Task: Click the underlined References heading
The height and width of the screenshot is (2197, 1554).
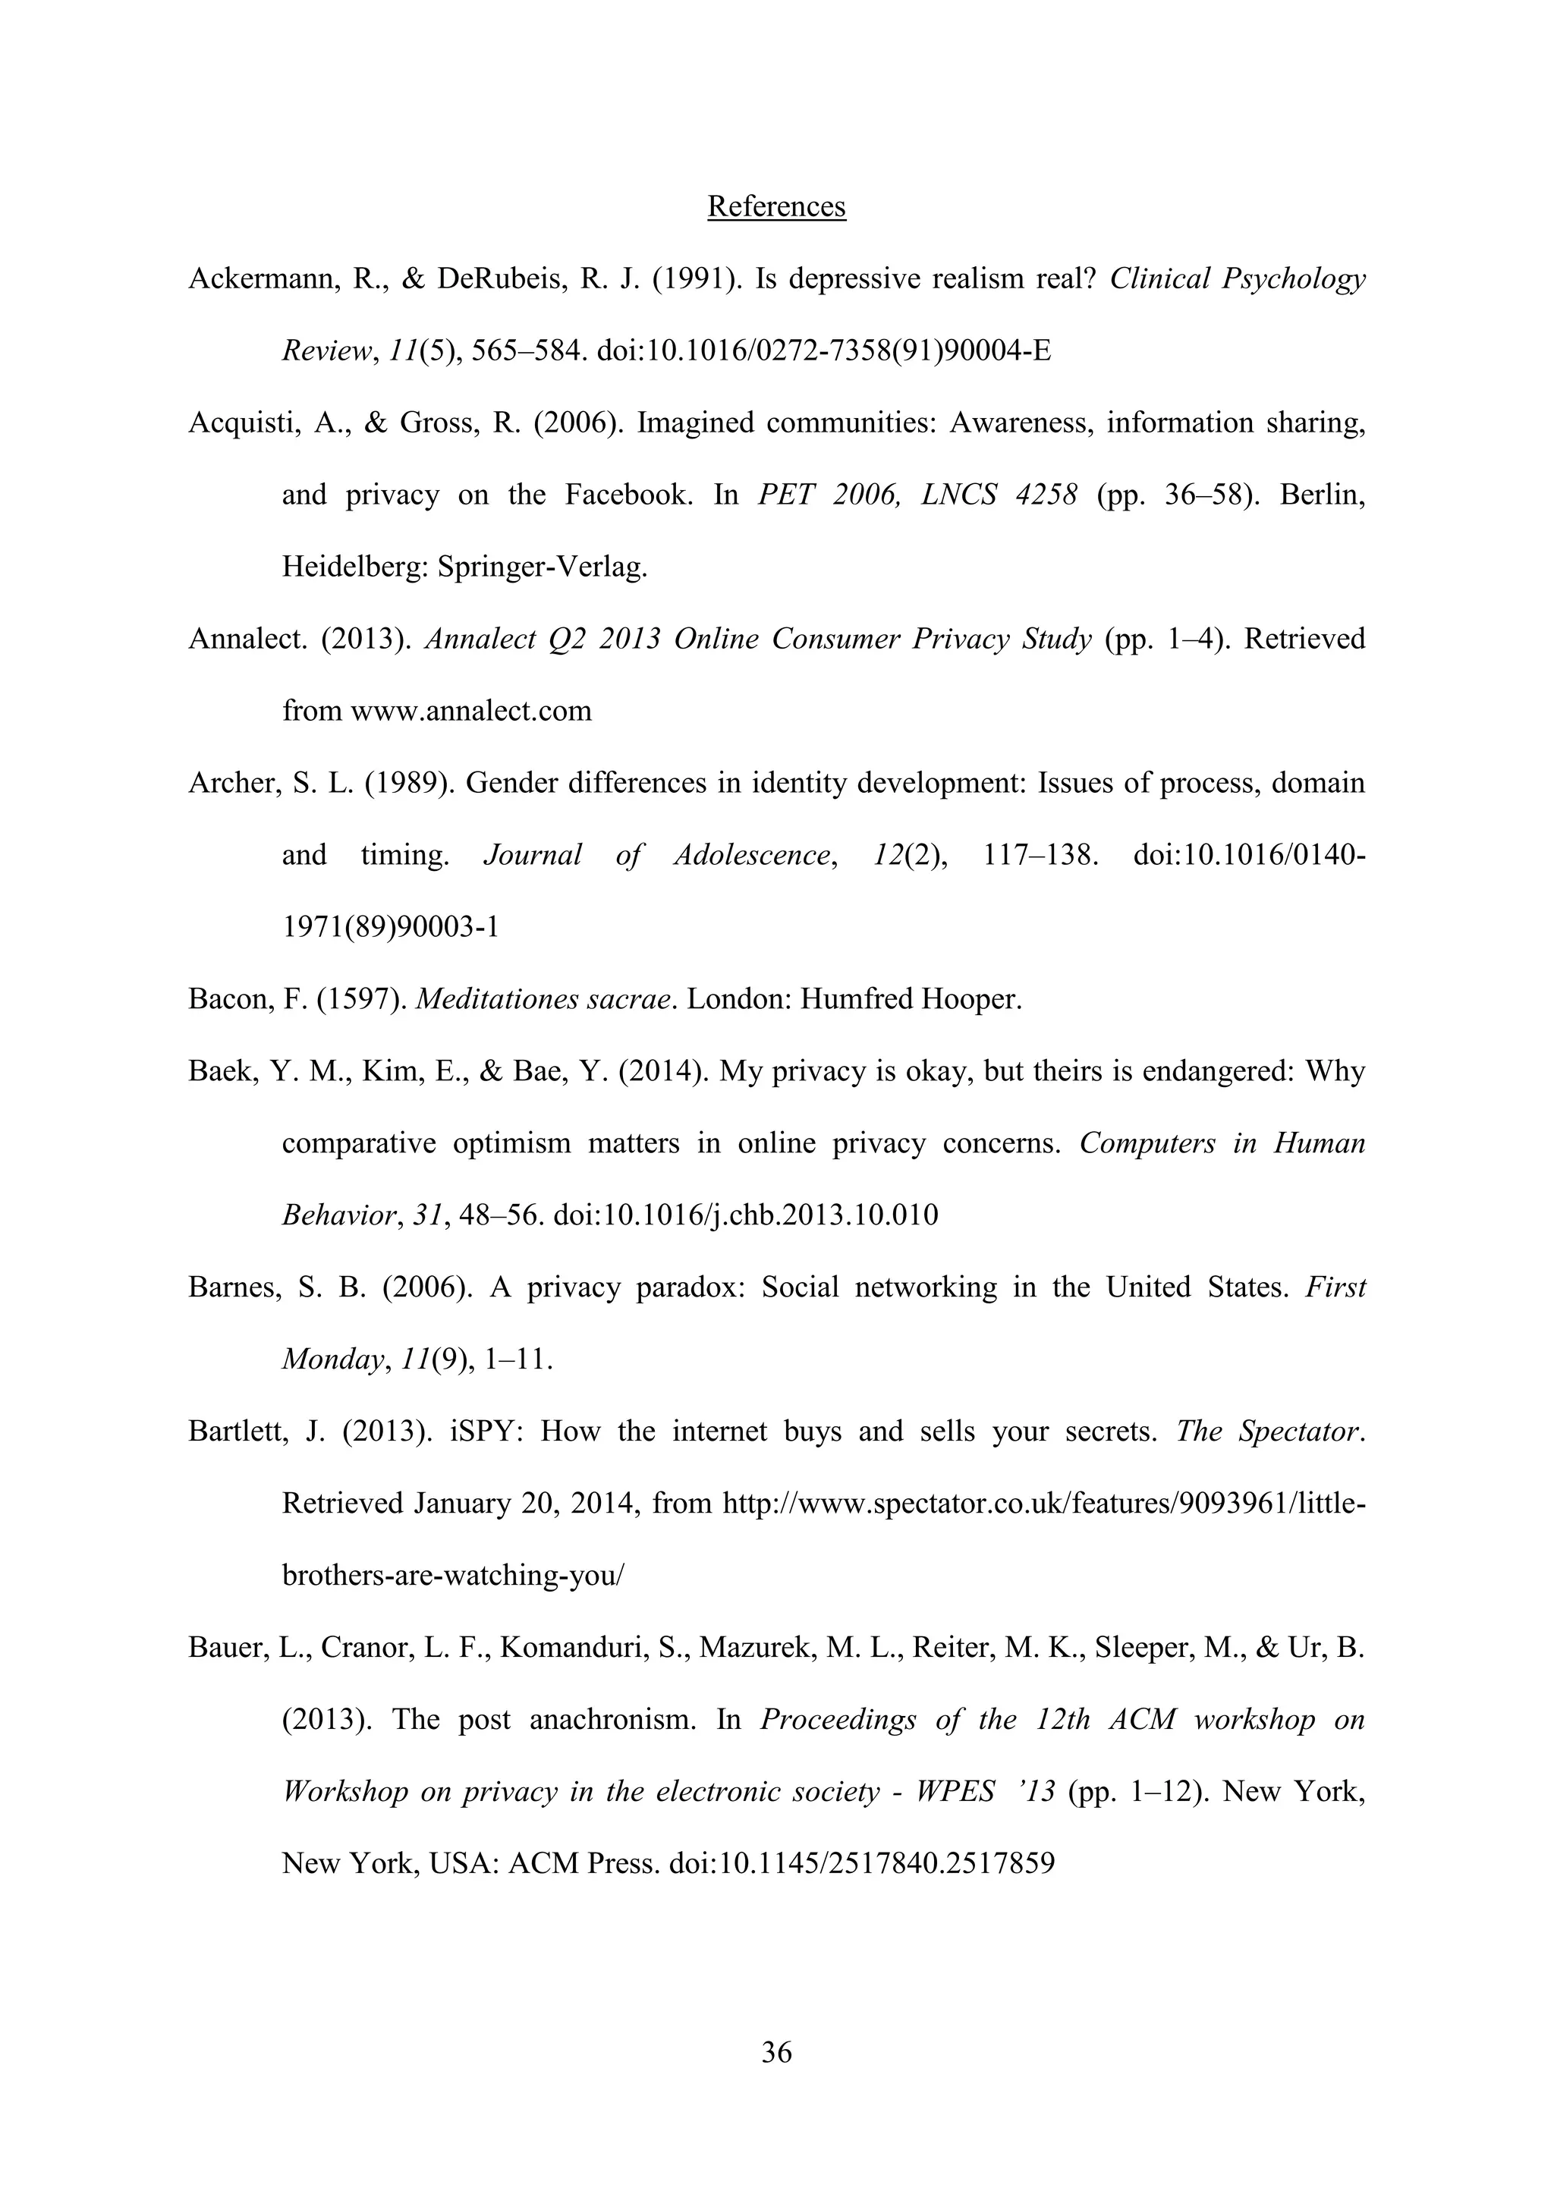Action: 776,206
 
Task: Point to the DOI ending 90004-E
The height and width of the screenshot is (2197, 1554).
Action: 824,351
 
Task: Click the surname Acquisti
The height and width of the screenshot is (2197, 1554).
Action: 241,423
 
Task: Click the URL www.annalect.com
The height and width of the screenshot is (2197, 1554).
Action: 472,711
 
